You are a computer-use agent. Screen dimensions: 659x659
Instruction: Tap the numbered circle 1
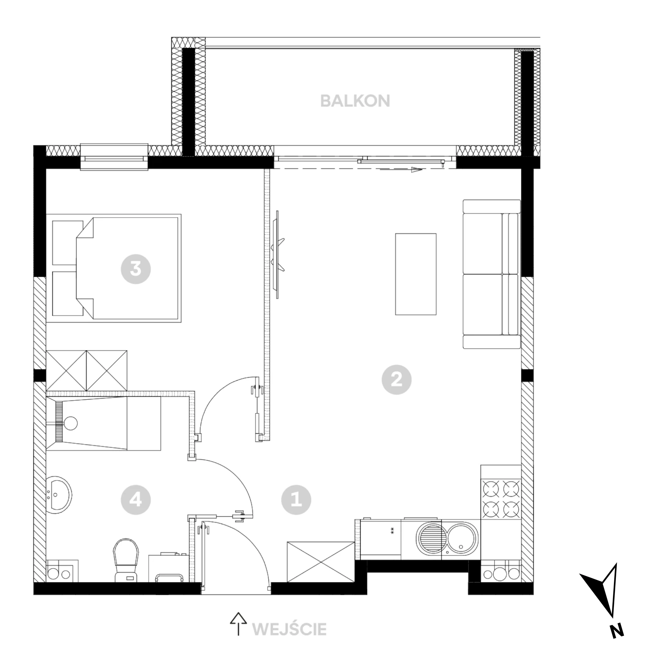(x=296, y=500)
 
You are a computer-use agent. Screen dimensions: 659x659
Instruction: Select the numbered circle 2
(x=396, y=380)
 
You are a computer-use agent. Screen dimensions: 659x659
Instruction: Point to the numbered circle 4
(x=136, y=500)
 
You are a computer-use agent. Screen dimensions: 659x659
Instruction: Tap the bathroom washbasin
(x=59, y=496)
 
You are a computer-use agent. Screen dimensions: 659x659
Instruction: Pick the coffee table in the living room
(x=415, y=274)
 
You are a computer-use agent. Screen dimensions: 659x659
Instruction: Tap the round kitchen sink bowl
(x=461, y=538)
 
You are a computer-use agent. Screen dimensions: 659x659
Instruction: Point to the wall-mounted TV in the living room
(x=278, y=255)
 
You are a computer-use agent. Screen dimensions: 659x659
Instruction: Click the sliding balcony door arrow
(x=401, y=170)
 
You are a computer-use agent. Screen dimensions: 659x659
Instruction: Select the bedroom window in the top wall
(x=114, y=157)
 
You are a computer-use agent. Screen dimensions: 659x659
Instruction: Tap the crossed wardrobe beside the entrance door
(x=321, y=562)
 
